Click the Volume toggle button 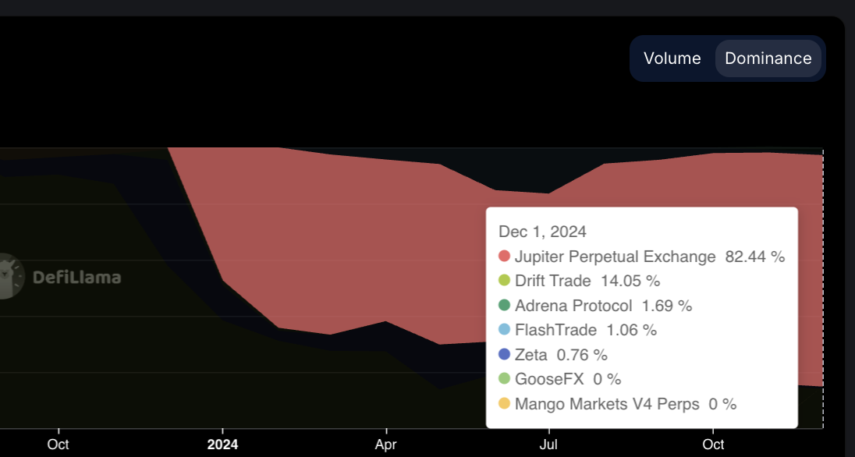672,58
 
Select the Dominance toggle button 768,58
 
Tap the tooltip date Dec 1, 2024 542,232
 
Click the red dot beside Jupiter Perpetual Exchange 504,257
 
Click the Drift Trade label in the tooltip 553,281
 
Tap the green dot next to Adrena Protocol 504,306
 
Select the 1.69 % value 667,306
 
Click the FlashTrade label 555,330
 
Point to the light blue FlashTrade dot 504,330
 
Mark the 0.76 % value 582,355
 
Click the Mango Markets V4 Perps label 607,404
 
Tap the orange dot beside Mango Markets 504,404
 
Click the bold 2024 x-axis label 222,445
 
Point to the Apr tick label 386,445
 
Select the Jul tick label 549,445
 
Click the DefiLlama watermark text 76,277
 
